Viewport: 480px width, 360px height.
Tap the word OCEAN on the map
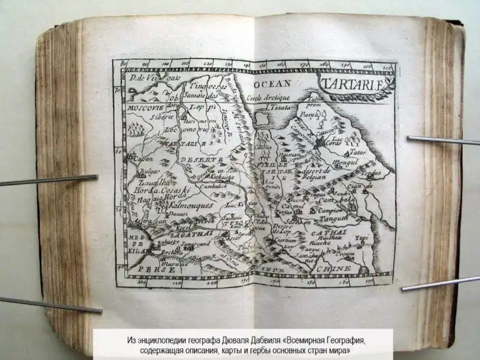click(x=269, y=83)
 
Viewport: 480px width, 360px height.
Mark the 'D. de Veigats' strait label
click(x=145, y=79)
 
